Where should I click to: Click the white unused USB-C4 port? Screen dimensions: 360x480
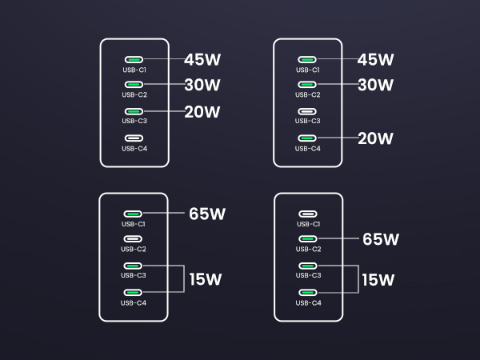[x=134, y=138]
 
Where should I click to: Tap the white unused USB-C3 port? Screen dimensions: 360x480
[x=309, y=111]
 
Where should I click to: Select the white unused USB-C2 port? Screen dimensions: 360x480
[x=134, y=239]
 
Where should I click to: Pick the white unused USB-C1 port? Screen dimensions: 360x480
[x=309, y=214]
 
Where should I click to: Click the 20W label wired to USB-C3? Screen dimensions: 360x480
[x=202, y=112]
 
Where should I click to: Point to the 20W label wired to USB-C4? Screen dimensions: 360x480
[x=376, y=138]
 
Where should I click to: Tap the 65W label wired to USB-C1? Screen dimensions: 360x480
[x=206, y=214]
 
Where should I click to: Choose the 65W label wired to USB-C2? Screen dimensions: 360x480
[x=380, y=239]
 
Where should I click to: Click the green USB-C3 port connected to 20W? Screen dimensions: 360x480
[x=134, y=111]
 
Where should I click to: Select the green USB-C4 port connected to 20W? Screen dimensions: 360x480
[x=309, y=138]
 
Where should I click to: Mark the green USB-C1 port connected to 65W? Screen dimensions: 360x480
[x=134, y=214]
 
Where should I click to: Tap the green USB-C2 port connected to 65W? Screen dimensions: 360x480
[x=309, y=239]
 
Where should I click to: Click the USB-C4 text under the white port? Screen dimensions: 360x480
[x=134, y=148]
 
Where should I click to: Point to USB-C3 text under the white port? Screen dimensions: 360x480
[x=309, y=122]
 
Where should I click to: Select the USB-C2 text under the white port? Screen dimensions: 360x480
[x=134, y=250]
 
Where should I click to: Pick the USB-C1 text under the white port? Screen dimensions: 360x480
[x=309, y=224]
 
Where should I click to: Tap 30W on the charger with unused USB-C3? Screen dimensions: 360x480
[x=376, y=85]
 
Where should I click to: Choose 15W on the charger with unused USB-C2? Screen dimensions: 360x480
[x=206, y=280]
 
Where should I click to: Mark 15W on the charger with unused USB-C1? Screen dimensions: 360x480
[x=378, y=280]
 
